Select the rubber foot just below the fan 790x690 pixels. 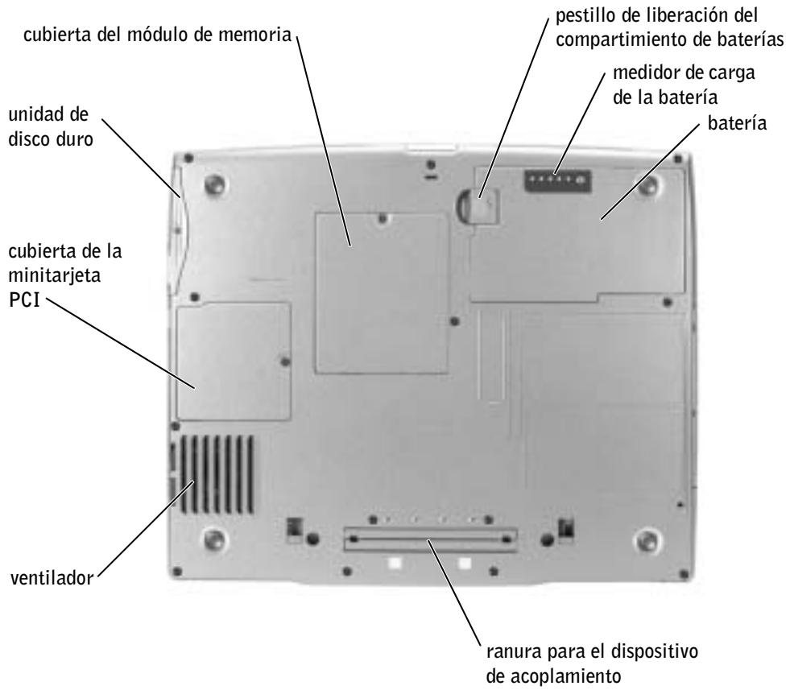(213, 537)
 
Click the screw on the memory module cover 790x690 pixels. (382, 217)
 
